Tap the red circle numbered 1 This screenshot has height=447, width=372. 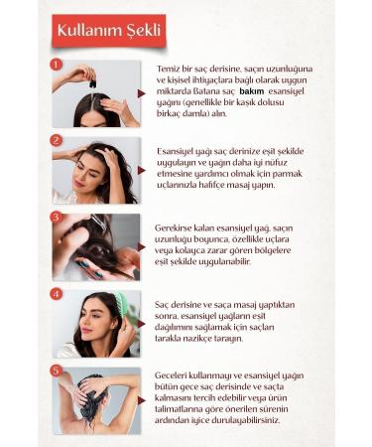[x=56, y=63]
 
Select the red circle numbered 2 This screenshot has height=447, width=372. [x=56, y=140]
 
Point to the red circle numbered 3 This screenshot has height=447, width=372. [x=56, y=217]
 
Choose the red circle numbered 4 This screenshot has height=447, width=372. [x=56, y=293]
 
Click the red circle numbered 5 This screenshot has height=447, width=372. [x=56, y=371]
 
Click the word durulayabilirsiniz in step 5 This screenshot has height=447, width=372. [x=249, y=419]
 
